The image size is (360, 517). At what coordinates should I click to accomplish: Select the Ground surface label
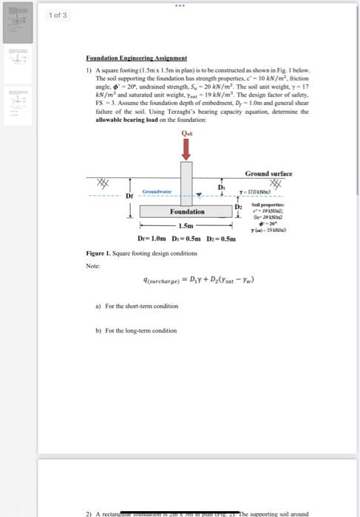coord(268,173)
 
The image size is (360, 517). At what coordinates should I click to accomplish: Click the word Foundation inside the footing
coord(187,211)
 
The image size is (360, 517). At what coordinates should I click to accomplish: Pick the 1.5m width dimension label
coord(185,225)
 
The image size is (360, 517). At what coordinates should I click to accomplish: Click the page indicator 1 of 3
coord(58,15)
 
